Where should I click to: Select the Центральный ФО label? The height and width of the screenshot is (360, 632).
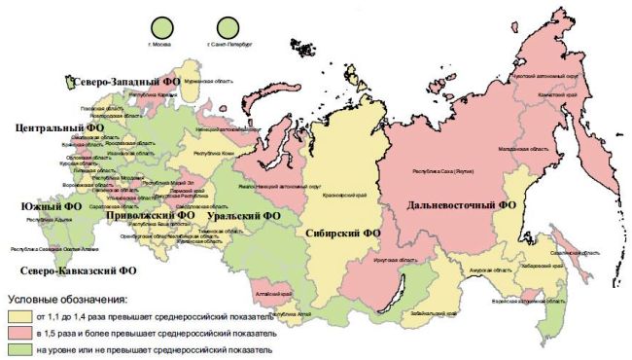[x=57, y=127]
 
